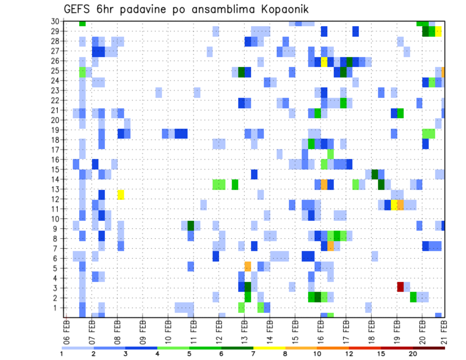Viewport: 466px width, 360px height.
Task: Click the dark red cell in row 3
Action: point(400,287)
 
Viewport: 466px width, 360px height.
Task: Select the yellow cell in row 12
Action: point(121,195)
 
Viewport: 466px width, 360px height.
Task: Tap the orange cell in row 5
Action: point(248,266)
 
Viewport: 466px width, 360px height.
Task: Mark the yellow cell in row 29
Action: point(438,32)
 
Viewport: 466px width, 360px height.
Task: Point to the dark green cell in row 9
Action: point(191,226)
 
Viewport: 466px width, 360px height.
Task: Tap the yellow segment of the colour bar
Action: point(269,348)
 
